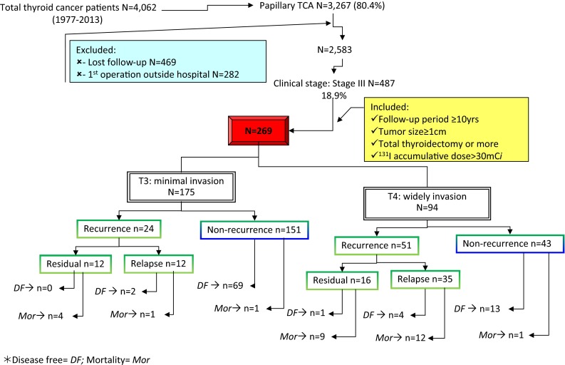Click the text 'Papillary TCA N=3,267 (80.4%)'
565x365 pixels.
(330, 9)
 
